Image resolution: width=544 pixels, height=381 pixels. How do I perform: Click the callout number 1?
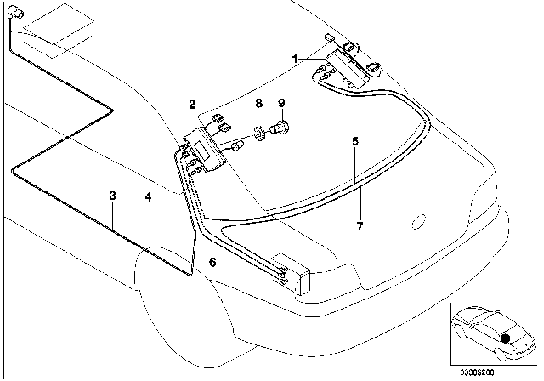[294, 60]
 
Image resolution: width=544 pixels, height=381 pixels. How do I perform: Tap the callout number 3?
[112, 196]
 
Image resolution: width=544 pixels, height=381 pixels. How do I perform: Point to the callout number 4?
[149, 197]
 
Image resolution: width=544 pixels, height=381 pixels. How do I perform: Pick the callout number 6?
[212, 264]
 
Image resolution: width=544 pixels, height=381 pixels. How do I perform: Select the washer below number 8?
[256, 133]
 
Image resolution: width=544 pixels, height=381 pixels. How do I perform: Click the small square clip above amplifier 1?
[329, 37]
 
